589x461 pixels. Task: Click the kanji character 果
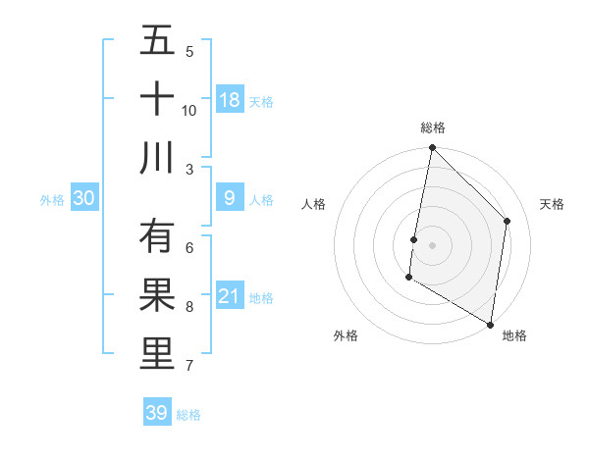[157, 295]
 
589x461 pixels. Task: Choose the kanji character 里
[157, 354]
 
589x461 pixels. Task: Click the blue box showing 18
[230, 99]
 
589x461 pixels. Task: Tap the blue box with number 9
[230, 198]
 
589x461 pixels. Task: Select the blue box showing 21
[230, 296]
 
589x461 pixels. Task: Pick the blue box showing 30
[83, 198]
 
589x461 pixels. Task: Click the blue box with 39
[157, 413]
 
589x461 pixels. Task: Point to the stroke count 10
[189, 110]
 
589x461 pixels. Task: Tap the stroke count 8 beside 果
[189, 307]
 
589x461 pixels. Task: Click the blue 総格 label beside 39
[188, 415]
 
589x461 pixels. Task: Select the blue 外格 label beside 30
[52, 199]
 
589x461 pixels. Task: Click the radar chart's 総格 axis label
[433, 128]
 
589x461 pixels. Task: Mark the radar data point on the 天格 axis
[508, 221]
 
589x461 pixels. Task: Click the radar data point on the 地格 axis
[490, 324]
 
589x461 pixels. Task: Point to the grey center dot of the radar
[432, 245]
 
